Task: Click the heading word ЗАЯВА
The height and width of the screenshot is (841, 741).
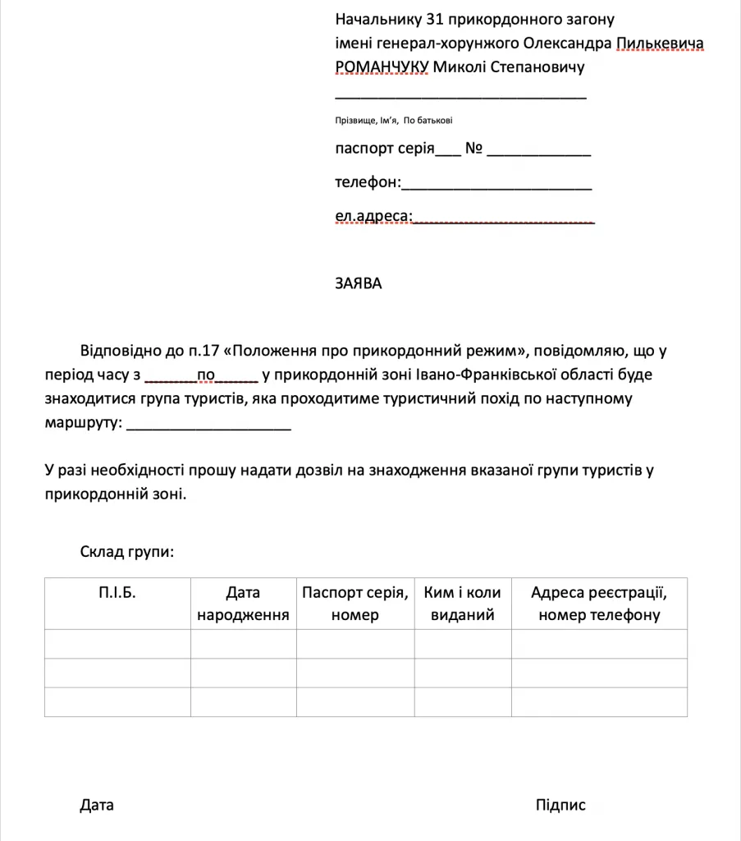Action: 359,284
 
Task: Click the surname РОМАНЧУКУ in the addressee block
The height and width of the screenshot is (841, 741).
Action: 381,67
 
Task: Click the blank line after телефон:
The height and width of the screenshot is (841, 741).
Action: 496,186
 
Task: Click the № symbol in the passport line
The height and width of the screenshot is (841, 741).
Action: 473,149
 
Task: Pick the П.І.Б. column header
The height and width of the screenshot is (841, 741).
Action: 117,592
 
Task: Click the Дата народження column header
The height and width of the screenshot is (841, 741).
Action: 243,604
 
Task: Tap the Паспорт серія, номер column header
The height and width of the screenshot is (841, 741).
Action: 354,604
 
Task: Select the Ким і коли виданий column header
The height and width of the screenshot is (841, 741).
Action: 463,604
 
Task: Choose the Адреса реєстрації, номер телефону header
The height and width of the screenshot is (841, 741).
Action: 599,604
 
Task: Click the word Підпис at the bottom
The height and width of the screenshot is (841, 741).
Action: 560,805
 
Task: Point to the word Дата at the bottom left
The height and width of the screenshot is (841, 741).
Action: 97,805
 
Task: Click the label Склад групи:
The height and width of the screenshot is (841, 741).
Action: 127,552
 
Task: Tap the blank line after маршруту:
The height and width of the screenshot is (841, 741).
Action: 210,425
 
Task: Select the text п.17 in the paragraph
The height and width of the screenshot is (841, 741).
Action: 204,352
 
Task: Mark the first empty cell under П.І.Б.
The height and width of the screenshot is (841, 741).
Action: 117,644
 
